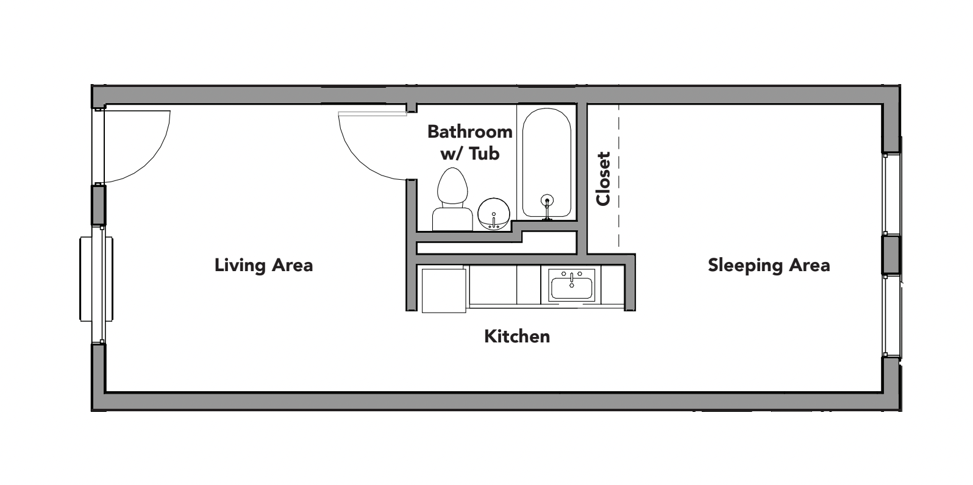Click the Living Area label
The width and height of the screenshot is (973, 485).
pos(263,265)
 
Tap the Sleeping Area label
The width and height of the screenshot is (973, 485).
pos(768,265)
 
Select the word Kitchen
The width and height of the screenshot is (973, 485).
pos(517,336)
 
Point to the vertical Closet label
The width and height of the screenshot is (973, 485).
pos(603,179)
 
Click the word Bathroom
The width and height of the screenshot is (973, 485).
pos(469,131)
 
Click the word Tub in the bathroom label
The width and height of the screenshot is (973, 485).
pos(485,154)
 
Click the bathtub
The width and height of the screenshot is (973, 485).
pos(546,161)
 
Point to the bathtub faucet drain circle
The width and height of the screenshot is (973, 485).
pos(547,199)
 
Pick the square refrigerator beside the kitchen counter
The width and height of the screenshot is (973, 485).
pos(444,289)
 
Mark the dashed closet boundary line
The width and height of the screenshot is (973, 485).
pos(619,177)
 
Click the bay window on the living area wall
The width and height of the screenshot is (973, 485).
pos(95,278)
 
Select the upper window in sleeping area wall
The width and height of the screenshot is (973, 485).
pos(893,193)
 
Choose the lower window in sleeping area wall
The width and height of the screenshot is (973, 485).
pos(893,316)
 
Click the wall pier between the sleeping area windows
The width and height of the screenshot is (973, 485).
pos(891,254)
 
